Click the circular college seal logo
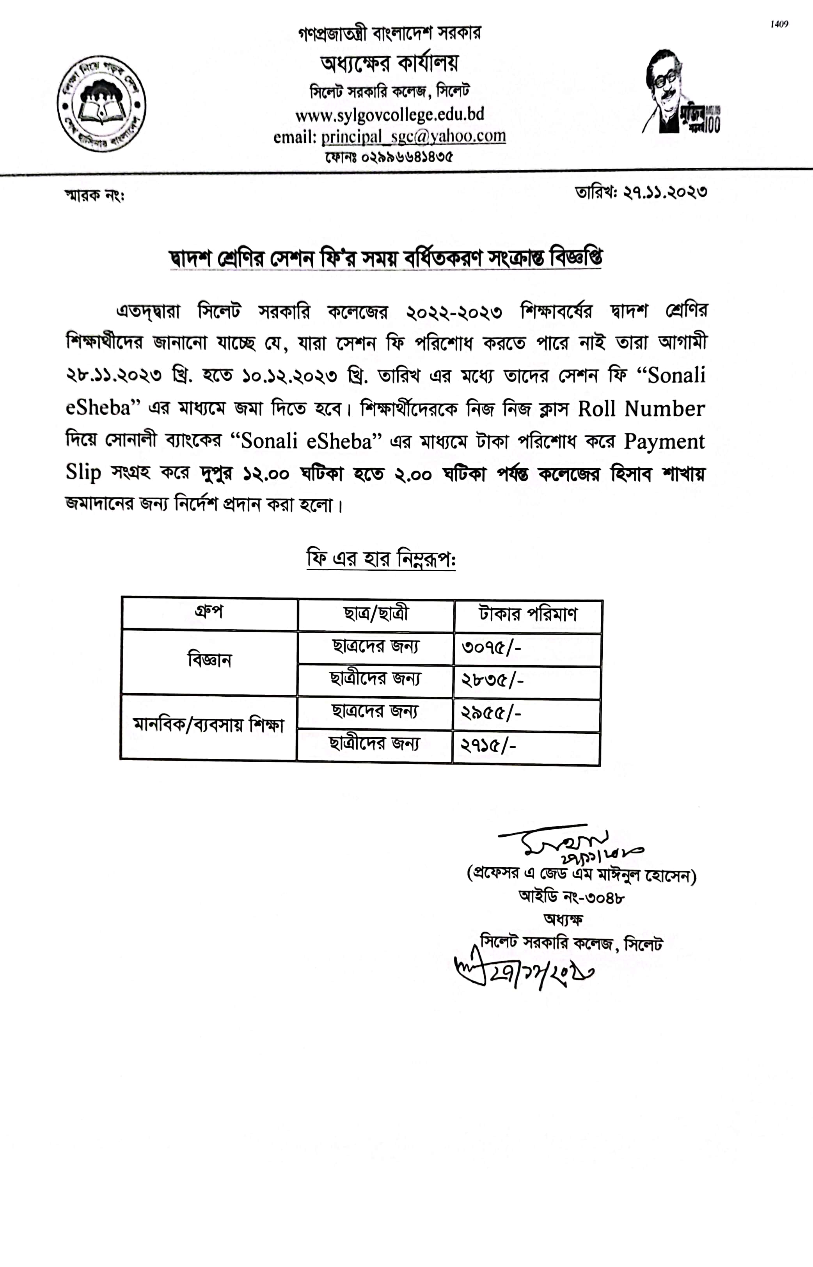pyautogui.click(x=101, y=103)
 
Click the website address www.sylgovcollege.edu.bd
pyautogui.click(x=390, y=115)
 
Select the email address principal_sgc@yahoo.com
pyautogui.click(x=414, y=137)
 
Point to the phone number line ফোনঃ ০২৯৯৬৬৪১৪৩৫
pyautogui.click(x=389, y=157)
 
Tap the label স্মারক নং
pyautogui.click(x=94, y=196)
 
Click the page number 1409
pyautogui.click(x=779, y=24)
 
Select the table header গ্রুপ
pyautogui.click(x=209, y=613)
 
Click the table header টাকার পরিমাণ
pyautogui.click(x=528, y=615)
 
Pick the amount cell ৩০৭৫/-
pyautogui.click(x=491, y=648)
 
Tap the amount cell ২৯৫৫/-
pyautogui.click(x=491, y=714)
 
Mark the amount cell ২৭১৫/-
pyautogui.click(x=488, y=746)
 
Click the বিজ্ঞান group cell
pyautogui.click(x=209, y=660)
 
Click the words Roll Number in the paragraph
pyautogui.click(x=641, y=409)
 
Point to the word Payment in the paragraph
pyautogui.click(x=664, y=441)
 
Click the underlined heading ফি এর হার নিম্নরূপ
pyautogui.click(x=381, y=559)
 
